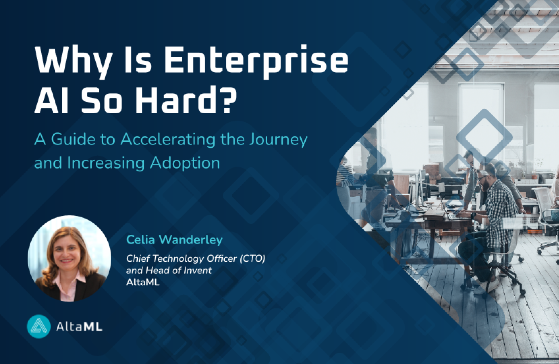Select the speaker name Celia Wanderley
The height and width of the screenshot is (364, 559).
174,240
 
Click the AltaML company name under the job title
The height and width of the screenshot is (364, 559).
143,282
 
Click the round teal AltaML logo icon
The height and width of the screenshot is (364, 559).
39,326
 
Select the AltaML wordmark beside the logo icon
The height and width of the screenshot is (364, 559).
79,327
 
